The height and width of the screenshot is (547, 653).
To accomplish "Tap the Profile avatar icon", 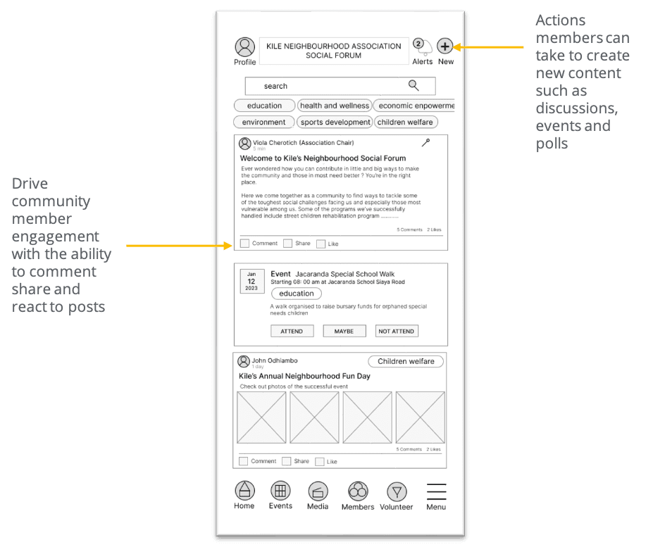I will (x=244, y=47).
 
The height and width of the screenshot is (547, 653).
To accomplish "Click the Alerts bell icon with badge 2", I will (x=421, y=47).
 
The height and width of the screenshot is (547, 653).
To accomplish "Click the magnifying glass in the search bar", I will (x=413, y=86).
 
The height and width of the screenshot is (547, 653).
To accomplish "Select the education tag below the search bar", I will (x=264, y=106).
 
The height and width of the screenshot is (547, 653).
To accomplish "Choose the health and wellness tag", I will (x=334, y=106).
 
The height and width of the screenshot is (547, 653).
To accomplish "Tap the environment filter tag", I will (x=263, y=122).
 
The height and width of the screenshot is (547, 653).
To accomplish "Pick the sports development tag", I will (x=335, y=122).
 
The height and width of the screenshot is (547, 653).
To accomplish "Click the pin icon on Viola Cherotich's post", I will (x=425, y=143).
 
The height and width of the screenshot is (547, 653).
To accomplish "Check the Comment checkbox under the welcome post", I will (x=244, y=244).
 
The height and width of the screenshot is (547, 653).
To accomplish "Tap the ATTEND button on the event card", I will (x=292, y=331).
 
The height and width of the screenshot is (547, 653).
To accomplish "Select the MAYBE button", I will (x=344, y=331).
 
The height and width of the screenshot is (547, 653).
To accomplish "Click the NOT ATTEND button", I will (x=397, y=331).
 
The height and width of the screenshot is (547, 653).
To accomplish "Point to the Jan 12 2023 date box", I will (x=251, y=281).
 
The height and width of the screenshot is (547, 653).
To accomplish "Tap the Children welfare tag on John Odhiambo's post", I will (x=406, y=361).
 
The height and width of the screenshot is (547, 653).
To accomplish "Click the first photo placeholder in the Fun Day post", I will (x=261, y=417).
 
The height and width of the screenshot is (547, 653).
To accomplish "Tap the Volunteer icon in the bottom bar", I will (x=397, y=491).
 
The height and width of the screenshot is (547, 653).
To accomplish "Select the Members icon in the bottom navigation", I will (x=358, y=491).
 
